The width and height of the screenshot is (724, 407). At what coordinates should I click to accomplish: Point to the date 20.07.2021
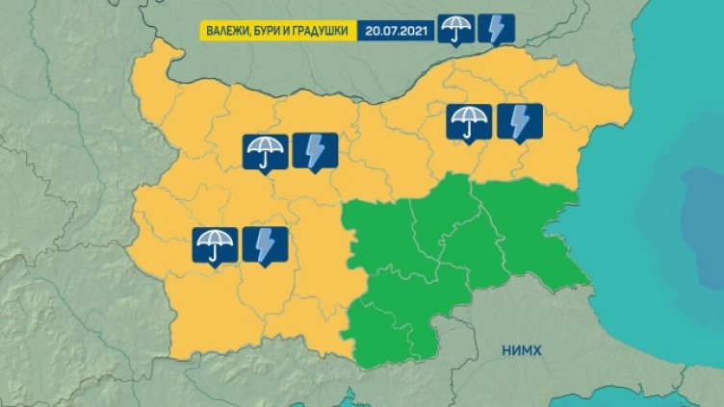coord(397,29)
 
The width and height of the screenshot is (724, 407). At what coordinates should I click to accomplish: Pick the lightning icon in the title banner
coord(494,29)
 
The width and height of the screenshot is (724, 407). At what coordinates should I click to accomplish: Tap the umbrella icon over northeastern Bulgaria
coord(469,121)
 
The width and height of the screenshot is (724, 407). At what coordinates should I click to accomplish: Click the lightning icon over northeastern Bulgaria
coord(520,121)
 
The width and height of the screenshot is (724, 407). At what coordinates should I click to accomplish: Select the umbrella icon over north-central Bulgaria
coord(265,150)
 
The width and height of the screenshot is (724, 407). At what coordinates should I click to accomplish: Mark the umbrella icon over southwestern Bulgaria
coord(215,244)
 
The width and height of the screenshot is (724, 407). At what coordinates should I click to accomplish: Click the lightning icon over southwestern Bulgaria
coord(265,244)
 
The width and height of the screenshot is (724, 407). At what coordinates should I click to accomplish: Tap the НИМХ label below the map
coord(523,352)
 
